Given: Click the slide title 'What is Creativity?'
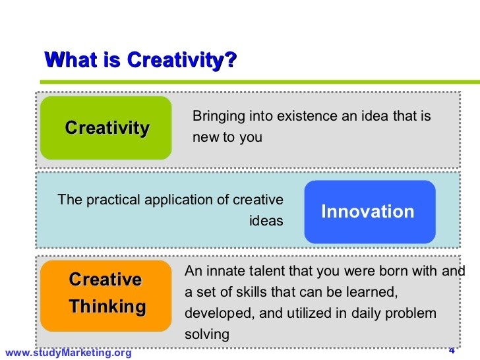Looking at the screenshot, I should [x=140, y=60].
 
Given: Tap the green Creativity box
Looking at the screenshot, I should [x=106, y=127].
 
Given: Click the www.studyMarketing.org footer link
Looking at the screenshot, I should [x=69, y=353].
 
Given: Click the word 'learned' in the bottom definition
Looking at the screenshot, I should [x=372, y=292].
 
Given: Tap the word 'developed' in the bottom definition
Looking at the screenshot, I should [x=212, y=313].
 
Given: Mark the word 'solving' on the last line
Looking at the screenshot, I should [x=206, y=334].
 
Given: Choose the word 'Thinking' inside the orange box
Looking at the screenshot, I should [x=107, y=307].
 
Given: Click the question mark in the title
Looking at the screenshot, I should [x=230, y=60].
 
